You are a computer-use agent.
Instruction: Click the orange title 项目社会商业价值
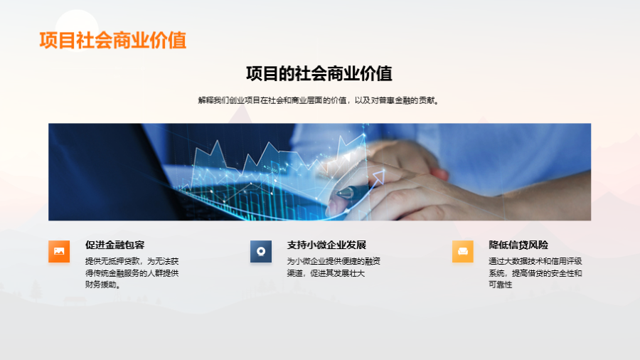(x=112, y=41)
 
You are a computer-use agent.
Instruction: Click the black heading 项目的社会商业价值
(x=319, y=73)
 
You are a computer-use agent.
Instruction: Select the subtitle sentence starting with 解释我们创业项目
(x=319, y=100)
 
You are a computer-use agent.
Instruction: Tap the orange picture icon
(x=59, y=251)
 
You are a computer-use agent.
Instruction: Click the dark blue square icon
(x=261, y=251)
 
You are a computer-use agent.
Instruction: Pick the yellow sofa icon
(x=463, y=251)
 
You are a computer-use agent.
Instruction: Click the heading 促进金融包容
(x=114, y=245)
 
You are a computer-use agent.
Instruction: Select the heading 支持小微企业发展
(x=326, y=245)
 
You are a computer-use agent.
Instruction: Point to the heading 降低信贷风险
(x=518, y=245)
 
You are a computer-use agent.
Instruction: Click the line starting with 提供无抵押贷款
(x=132, y=261)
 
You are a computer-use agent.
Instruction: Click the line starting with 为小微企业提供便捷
(x=334, y=261)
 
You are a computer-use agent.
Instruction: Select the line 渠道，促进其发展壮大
(x=326, y=273)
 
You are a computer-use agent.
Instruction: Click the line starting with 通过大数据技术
(x=535, y=261)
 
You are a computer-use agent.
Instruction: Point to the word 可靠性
(x=500, y=285)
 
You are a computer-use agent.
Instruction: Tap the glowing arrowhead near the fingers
(x=379, y=176)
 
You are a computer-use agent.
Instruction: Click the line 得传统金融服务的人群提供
(x=132, y=273)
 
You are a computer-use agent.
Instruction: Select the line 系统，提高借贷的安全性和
(x=535, y=273)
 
